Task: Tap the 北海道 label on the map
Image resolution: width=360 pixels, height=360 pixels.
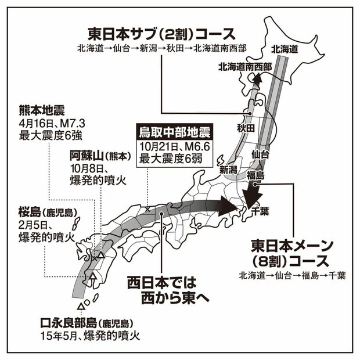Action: pyautogui.click(x=285, y=51)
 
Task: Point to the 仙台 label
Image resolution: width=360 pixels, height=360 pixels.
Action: pyautogui.click(x=260, y=154)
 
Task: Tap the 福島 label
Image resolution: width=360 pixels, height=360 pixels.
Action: pyautogui.click(x=255, y=175)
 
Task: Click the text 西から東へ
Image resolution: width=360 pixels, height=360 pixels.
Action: pyautogui.click(x=170, y=297)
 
